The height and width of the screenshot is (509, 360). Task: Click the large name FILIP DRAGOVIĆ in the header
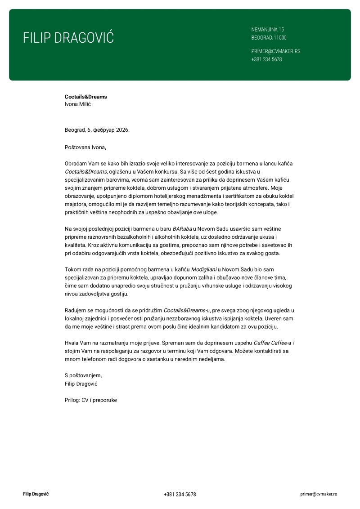click(x=68, y=38)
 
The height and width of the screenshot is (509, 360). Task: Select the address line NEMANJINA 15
click(x=267, y=30)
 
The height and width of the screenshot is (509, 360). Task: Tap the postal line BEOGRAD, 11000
click(x=269, y=38)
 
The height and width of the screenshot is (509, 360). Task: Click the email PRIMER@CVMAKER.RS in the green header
click(x=275, y=51)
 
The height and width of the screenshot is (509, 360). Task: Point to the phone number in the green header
click(x=266, y=59)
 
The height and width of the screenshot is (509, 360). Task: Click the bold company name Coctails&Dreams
click(x=85, y=97)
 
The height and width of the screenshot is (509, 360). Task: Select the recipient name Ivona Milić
click(x=78, y=104)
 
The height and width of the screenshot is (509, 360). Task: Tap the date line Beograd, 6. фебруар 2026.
click(x=97, y=130)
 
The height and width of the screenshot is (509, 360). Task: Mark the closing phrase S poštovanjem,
click(x=83, y=375)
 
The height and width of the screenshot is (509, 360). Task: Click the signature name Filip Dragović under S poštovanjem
click(x=81, y=384)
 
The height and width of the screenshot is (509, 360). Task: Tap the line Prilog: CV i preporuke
click(x=90, y=400)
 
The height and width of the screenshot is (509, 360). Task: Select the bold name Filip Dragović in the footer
click(x=36, y=494)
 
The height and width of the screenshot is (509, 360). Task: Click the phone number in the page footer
click(x=180, y=494)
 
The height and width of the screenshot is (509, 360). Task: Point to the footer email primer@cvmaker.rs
click(x=319, y=494)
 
